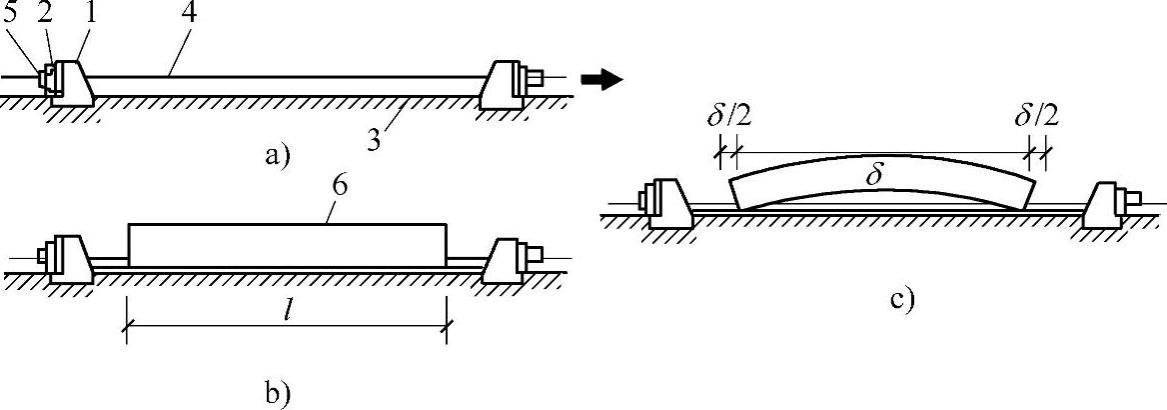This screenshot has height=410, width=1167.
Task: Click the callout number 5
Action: [11, 15]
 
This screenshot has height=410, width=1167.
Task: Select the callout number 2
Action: [43, 15]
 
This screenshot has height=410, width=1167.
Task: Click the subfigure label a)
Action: [274, 155]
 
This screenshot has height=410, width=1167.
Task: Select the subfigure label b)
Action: [277, 390]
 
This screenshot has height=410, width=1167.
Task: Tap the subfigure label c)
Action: [901, 300]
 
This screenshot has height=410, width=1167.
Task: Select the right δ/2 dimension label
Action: [1036, 118]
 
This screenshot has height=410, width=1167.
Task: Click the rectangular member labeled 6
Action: [288, 245]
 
